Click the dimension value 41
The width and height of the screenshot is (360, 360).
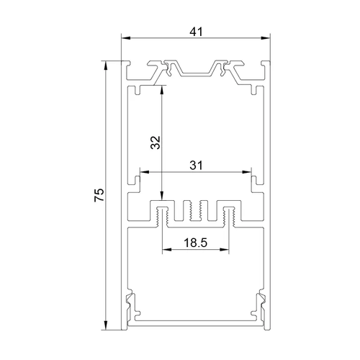(x=196, y=32)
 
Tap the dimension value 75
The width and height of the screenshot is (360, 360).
(x=99, y=195)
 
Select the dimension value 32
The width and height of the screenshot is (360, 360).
(x=156, y=143)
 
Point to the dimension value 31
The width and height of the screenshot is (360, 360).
(x=196, y=166)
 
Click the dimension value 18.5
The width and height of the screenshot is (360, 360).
(x=195, y=243)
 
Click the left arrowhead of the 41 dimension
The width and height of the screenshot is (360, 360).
(x=126, y=38)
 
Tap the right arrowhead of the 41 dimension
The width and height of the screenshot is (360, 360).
(x=266, y=38)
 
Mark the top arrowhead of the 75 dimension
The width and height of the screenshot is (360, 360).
(x=105, y=66)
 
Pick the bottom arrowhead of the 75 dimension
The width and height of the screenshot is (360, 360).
(x=105, y=325)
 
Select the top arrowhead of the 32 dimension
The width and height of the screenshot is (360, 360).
(x=162, y=90)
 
